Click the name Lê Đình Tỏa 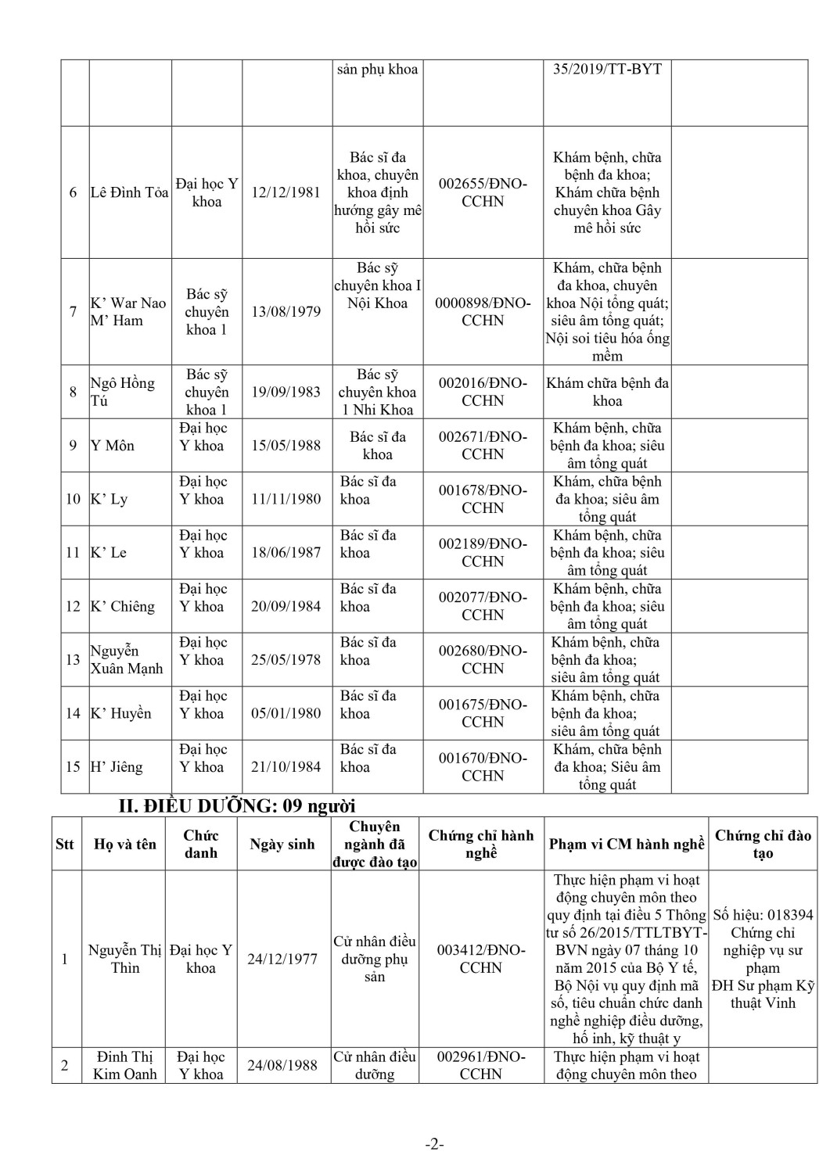pos(129,192)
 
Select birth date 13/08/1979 pos(286,312)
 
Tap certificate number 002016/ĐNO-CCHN pos(483,392)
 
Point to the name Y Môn pos(113,446)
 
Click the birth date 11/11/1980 pos(286,499)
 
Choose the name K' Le pos(109,553)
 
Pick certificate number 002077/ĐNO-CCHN pos(483,606)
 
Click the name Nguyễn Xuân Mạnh pos(126,659)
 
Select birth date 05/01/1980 pos(286,713)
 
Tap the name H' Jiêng pos(117,767)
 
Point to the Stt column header pos(65,845)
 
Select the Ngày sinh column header pos(282,845)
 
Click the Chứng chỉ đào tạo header pos(763,845)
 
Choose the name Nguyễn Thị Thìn pos(125,959)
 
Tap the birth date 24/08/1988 pos(282,1065)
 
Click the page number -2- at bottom pos(435,1145)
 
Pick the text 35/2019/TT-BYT pos(607,69)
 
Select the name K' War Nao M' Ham pos(128,312)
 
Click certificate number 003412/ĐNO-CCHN pos(481,959)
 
